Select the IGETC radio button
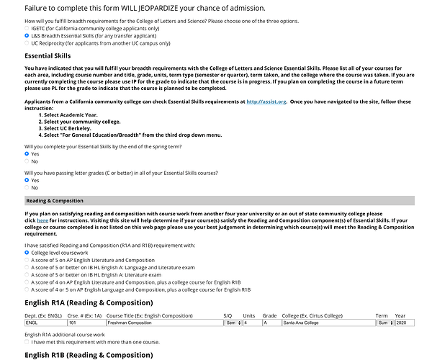pyautogui.click(x=27, y=27)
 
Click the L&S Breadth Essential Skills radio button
pyautogui.click(x=27, y=35)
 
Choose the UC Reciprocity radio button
pyautogui.click(x=27, y=43)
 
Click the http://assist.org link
pyautogui.click(x=266, y=102)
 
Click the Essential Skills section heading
pyautogui.click(x=48, y=55)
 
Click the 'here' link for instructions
pyautogui.click(x=37, y=220)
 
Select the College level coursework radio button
pyautogui.click(x=27, y=253)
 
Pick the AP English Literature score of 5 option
pyautogui.click(x=27, y=260)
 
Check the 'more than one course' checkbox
pyautogui.click(x=27, y=342)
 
